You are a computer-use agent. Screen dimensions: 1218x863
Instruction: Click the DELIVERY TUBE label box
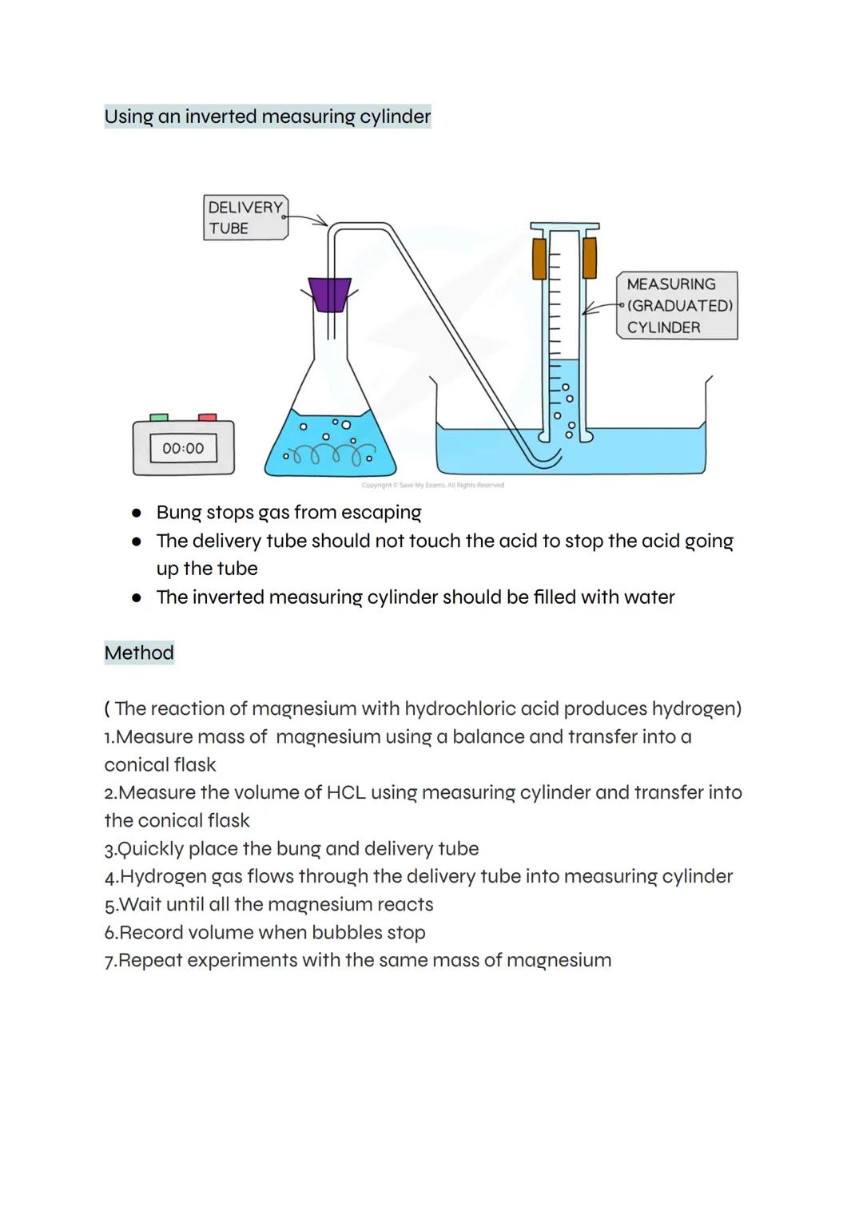pos(245,217)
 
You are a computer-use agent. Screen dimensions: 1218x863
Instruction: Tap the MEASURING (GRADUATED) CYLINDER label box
pos(677,306)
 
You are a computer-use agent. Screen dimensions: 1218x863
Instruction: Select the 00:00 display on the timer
pos(183,449)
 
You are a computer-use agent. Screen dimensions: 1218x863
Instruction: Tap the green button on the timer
pos(159,417)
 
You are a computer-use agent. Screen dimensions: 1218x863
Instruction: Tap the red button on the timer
pos(208,417)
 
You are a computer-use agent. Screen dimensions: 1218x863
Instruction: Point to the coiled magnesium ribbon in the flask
pos(328,455)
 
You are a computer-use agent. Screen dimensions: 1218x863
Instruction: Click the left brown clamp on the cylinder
pos(539,258)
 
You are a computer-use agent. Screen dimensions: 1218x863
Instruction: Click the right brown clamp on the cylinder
pos(590,258)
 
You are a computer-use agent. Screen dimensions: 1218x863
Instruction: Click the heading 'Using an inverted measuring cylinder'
pos(268,117)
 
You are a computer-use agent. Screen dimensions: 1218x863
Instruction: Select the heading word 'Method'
pos(139,653)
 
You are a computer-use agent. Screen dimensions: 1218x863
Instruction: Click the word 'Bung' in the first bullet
pos(178,513)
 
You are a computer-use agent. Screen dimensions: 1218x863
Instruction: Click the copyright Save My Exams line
pos(432,485)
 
